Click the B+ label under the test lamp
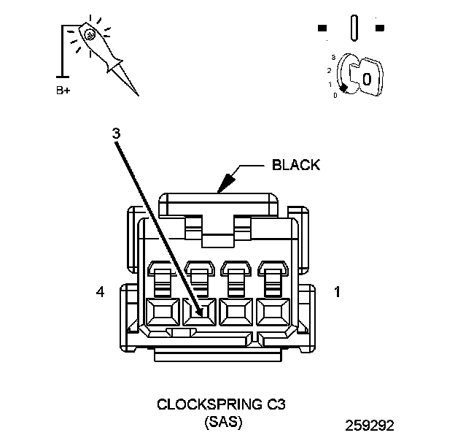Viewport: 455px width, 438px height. (x=64, y=91)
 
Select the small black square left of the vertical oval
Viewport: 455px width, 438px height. (x=322, y=28)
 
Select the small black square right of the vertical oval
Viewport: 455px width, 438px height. (x=379, y=28)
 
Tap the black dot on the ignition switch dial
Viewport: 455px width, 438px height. (x=343, y=88)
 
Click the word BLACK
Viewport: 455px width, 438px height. (x=295, y=165)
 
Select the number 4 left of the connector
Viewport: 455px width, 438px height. (x=100, y=293)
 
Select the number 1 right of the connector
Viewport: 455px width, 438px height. (x=337, y=293)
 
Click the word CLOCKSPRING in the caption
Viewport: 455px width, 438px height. (x=194, y=404)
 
